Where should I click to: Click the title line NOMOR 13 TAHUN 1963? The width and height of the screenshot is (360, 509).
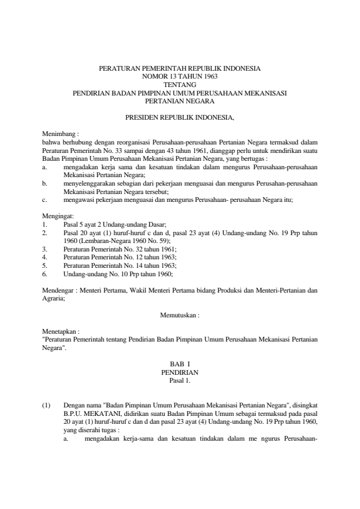[x=180, y=77]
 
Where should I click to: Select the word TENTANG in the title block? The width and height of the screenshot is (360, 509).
[x=180, y=85]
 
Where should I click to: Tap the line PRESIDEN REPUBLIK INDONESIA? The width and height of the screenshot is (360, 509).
[x=180, y=115]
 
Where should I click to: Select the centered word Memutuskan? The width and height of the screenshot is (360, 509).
[x=179, y=314]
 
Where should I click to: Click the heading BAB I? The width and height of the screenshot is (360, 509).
[x=180, y=365]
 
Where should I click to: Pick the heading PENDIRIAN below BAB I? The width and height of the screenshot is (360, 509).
[x=180, y=373]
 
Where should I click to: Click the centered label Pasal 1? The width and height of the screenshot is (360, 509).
[x=180, y=381]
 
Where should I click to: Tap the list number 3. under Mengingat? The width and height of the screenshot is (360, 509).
[x=45, y=248]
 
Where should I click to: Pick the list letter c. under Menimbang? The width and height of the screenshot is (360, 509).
[x=45, y=198]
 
